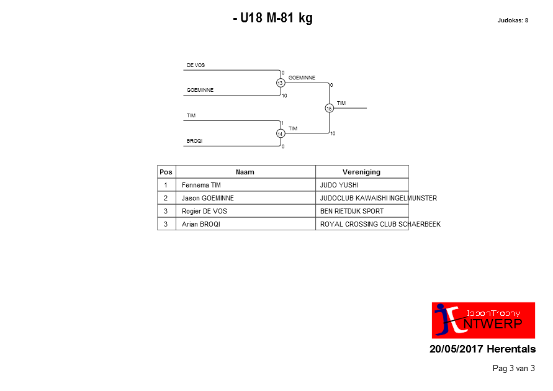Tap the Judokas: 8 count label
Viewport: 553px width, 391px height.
(513, 20)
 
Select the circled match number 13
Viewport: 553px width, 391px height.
(281, 83)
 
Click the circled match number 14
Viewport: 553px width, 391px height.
(281, 134)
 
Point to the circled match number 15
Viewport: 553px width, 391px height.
(329, 108)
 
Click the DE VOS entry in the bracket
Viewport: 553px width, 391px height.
(196, 65)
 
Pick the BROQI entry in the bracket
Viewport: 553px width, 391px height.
(194, 141)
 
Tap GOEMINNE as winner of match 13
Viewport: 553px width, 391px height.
(302, 78)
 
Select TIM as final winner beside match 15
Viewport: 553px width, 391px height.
(341, 103)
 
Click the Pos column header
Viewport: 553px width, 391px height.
(166, 172)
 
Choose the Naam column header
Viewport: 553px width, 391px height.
(245, 172)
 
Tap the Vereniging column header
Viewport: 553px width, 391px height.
(361, 172)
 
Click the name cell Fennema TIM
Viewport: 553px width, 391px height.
(201, 185)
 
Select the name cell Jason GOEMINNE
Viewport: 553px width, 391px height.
(208, 198)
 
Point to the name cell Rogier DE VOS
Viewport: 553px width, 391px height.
(204, 211)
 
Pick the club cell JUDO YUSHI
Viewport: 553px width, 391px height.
(339, 185)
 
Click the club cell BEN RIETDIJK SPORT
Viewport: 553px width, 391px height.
(352, 211)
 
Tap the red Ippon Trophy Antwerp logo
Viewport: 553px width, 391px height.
(483, 320)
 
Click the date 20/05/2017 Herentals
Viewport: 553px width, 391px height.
(482, 349)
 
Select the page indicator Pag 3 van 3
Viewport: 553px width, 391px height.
(514, 369)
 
